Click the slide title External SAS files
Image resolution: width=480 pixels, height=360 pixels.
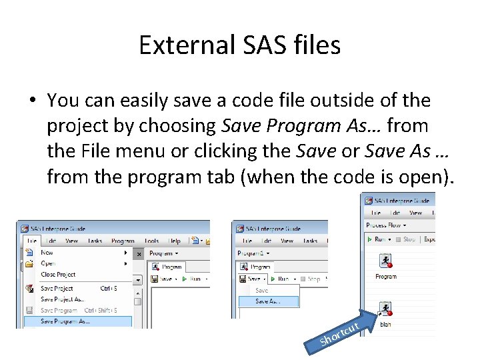(x=240, y=45)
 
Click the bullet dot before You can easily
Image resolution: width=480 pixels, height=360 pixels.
(x=31, y=101)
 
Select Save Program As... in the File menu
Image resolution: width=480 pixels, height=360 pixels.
(x=65, y=321)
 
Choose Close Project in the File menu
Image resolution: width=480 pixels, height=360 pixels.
(x=58, y=275)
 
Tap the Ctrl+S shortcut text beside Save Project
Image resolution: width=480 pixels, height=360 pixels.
(x=109, y=289)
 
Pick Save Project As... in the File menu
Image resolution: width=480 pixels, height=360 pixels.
(x=62, y=299)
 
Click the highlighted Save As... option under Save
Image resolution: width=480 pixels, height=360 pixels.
(x=267, y=301)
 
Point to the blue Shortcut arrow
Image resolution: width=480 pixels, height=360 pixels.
(x=341, y=333)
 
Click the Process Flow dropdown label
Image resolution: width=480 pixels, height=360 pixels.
(x=386, y=225)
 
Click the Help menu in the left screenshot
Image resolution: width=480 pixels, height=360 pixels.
(x=174, y=241)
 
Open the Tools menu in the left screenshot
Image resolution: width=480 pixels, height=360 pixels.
(x=151, y=241)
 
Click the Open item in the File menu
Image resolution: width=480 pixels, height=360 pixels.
(x=47, y=263)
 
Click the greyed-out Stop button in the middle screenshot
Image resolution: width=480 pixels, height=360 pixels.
(x=311, y=279)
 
